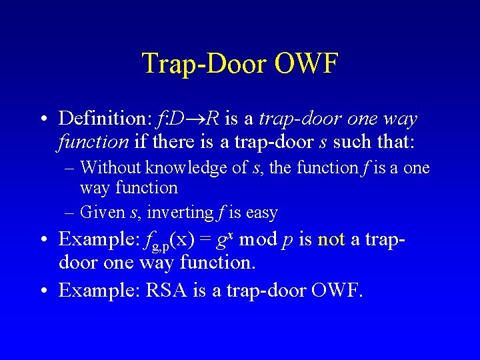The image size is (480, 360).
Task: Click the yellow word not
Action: pos(331,239)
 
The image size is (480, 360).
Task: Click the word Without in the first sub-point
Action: pos(109,168)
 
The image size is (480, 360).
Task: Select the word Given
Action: pos(99,213)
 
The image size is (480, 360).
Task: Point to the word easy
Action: pos(262,213)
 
